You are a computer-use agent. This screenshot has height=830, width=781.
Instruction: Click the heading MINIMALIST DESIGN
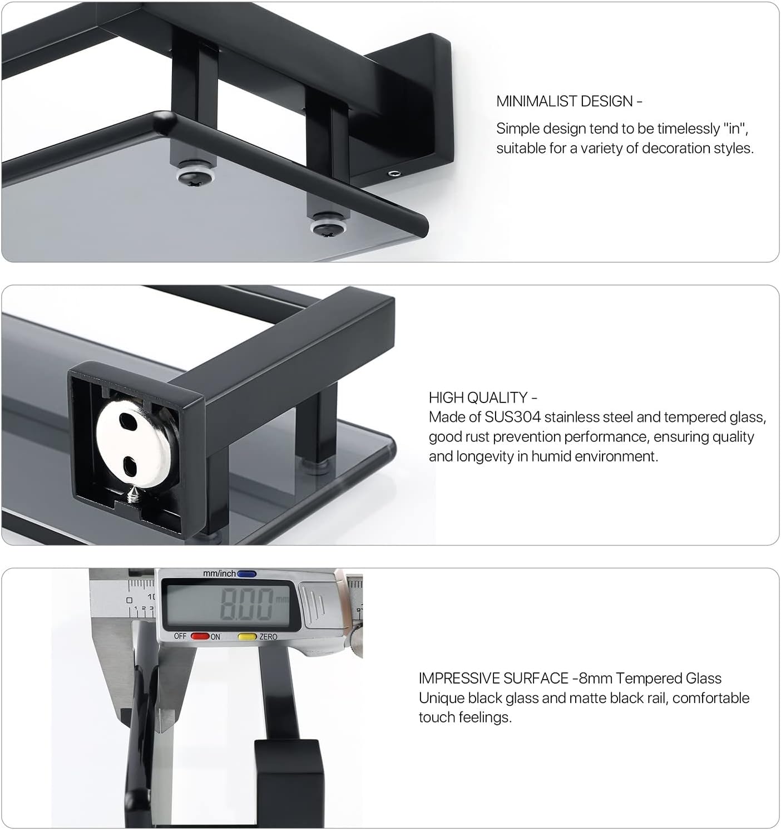coord(564,101)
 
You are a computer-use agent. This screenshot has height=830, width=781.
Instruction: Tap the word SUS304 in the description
coord(512,417)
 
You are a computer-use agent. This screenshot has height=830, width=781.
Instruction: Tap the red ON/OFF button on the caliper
coord(200,636)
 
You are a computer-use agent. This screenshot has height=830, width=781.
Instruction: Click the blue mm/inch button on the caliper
coord(246,574)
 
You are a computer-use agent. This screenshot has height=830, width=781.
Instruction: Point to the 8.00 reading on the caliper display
coord(246,603)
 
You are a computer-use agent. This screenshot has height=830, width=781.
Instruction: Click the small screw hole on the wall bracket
coord(393,174)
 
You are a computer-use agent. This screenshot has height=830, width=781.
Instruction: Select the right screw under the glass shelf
coord(328,227)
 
